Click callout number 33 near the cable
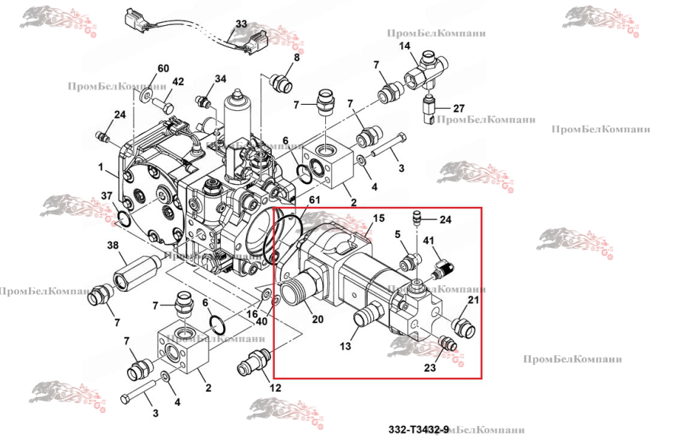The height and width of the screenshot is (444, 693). click(x=241, y=24)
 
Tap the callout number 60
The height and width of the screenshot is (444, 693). click(x=162, y=68)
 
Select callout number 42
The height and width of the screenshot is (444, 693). click(x=177, y=81)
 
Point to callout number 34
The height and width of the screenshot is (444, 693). click(x=220, y=78)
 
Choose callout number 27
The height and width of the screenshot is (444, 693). click(x=458, y=108)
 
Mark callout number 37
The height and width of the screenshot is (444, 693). click(x=107, y=196)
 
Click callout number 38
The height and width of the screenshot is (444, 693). click(x=113, y=246)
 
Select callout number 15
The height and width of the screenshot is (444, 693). click(x=378, y=218)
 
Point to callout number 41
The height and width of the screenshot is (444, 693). click(x=429, y=241)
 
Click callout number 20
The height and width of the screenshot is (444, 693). click(x=318, y=319)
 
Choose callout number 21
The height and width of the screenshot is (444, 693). click(x=473, y=301)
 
